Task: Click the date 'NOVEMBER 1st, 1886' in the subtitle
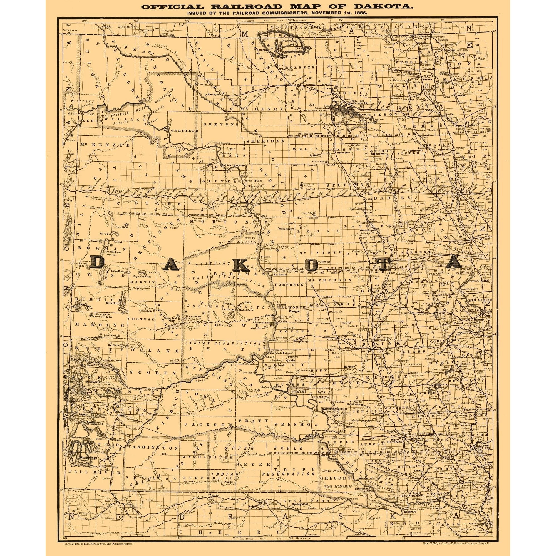337,13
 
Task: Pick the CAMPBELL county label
289,285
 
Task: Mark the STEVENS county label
221,124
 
